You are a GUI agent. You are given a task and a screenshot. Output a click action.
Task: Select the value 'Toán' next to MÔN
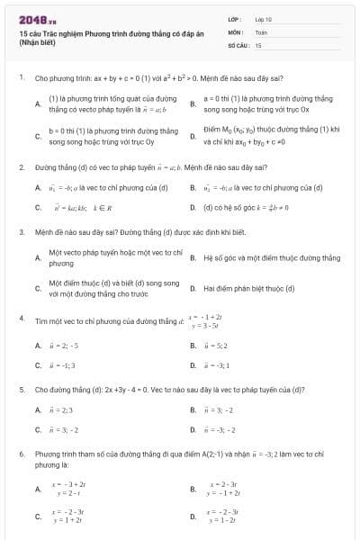tap(261, 31)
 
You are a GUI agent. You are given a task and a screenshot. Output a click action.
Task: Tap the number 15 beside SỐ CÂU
tap(258, 44)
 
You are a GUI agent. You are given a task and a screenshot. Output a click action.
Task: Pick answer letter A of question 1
tap(38, 103)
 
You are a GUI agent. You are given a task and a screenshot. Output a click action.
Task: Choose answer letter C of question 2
tap(38, 207)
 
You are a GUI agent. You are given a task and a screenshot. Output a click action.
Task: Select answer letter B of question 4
tap(193, 346)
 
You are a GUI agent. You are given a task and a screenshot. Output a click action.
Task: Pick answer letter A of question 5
tap(38, 410)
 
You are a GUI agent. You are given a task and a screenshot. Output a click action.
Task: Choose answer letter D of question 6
tap(193, 517)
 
